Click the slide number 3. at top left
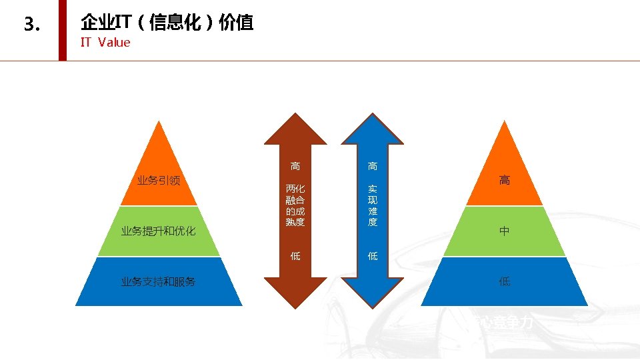click(x=32, y=25)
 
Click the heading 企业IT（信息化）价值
click(x=167, y=23)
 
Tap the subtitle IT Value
click(x=105, y=43)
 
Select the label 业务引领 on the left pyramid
click(x=159, y=180)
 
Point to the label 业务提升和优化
click(x=158, y=231)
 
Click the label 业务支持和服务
click(x=158, y=281)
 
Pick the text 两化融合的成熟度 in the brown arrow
click(x=295, y=205)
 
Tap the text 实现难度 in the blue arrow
click(x=373, y=205)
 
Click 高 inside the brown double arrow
click(x=295, y=166)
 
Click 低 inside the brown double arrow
click(x=295, y=256)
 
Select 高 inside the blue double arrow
click(x=373, y=166)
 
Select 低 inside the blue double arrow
click(x=373, y=256)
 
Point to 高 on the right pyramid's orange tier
click(x=505, y=180)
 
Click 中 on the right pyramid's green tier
click(x=505, y=231)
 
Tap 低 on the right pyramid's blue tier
click(x=505, y=281)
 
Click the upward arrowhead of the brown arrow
click(x=295, y=130)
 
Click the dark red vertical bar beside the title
click(x=63, y=30)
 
